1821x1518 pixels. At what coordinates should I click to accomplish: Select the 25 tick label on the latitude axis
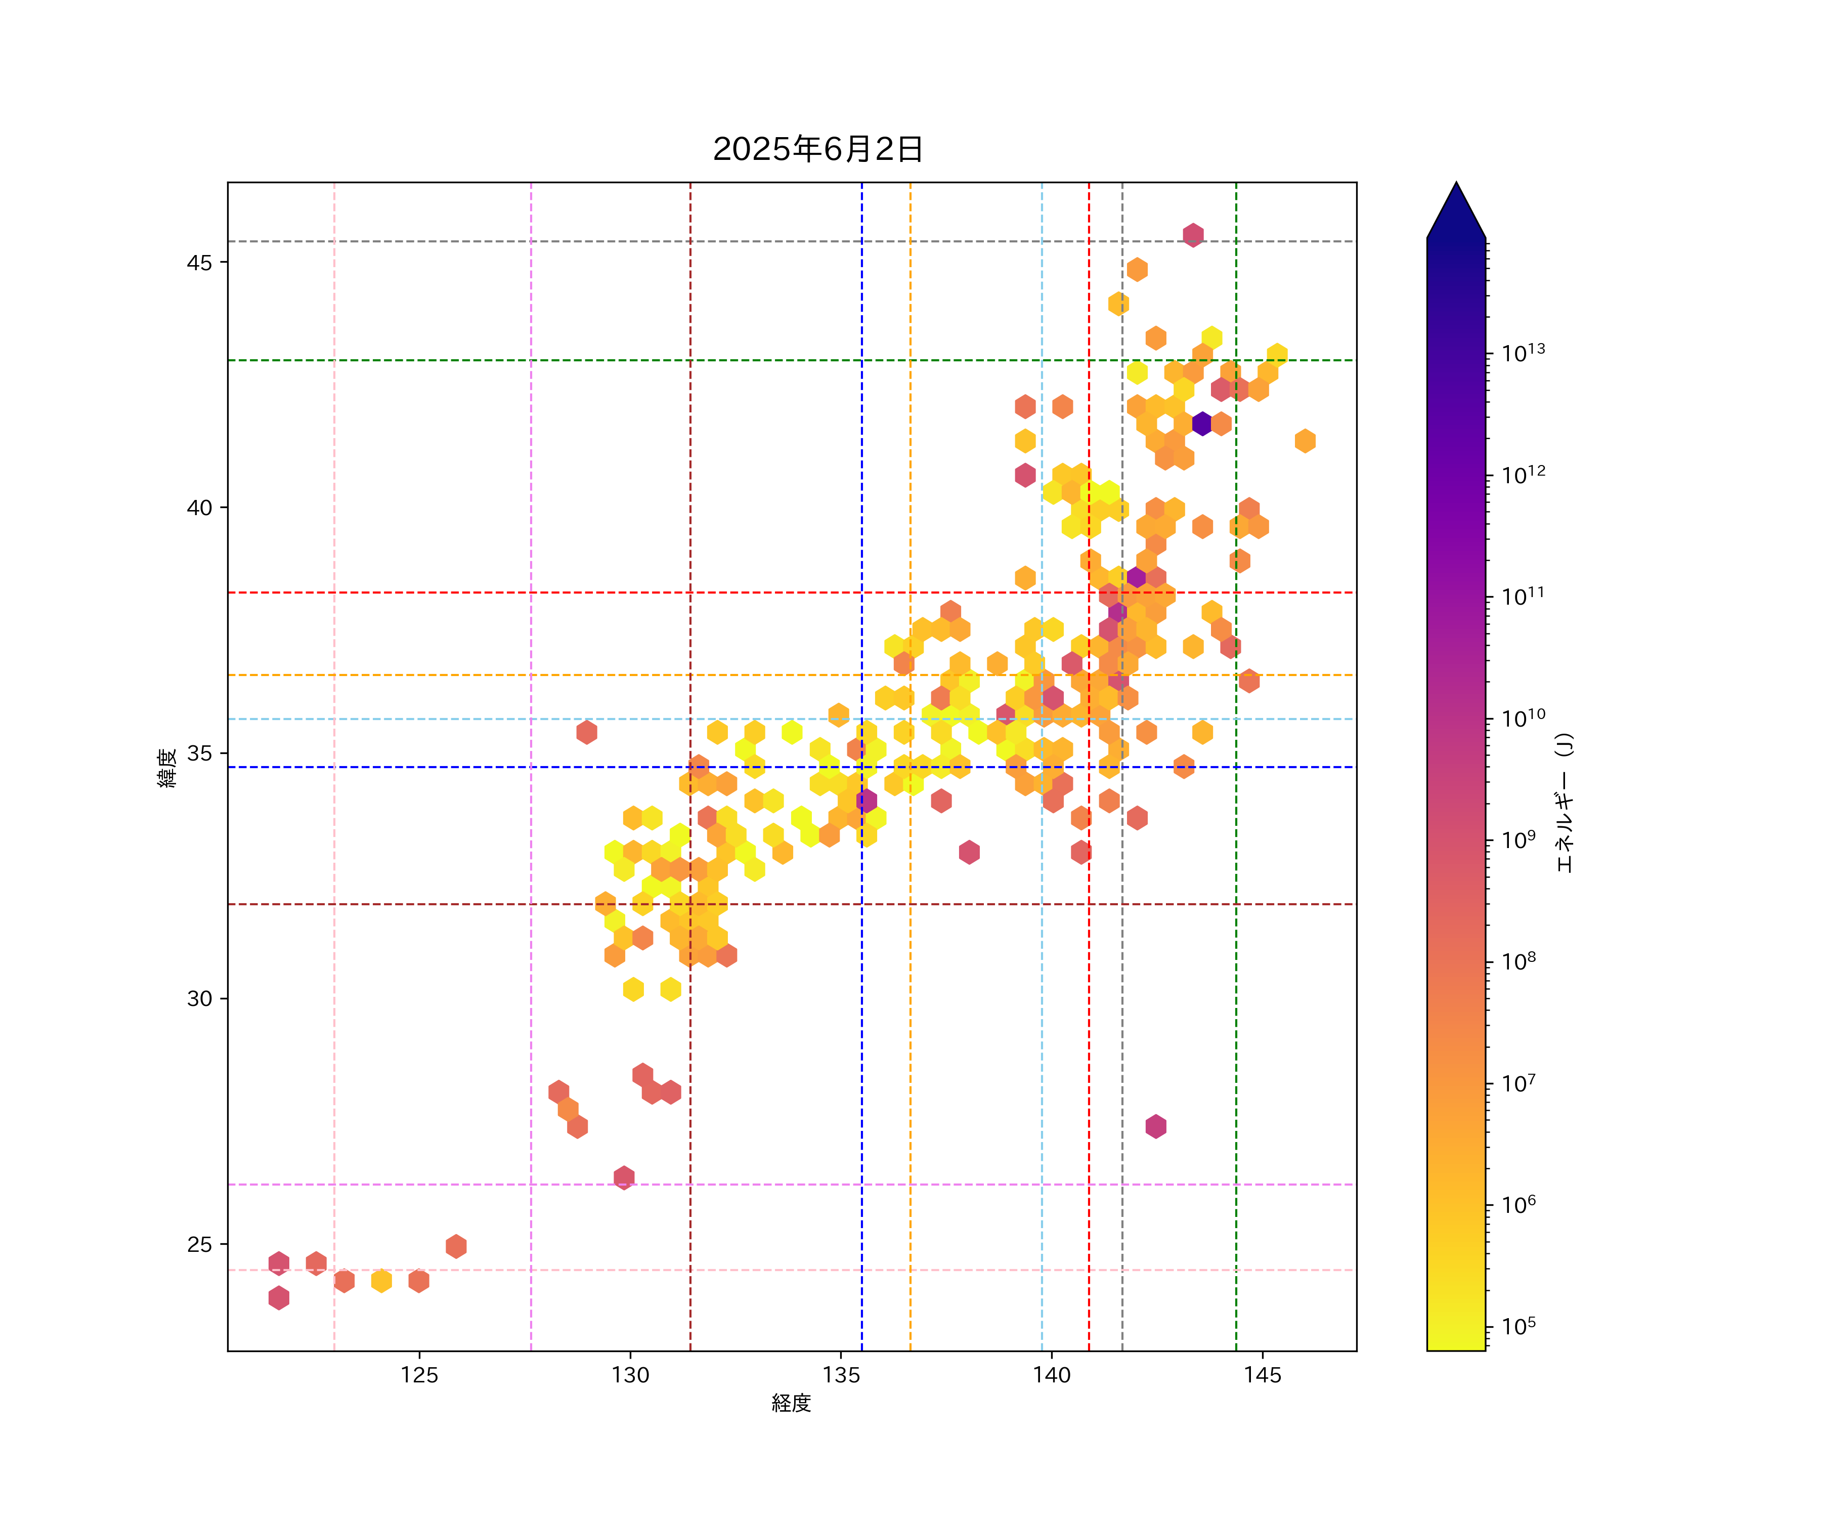[199, 1245]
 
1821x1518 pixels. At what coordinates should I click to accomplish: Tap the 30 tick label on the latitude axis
[199, 998]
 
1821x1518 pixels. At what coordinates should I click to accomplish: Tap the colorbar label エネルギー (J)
[1564, 803]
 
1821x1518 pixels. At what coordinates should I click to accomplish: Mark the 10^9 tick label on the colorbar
[1519, 839]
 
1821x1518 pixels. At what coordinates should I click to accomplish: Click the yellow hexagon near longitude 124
[381, 1280]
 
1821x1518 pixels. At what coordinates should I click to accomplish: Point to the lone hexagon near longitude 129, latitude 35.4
[586, 732]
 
